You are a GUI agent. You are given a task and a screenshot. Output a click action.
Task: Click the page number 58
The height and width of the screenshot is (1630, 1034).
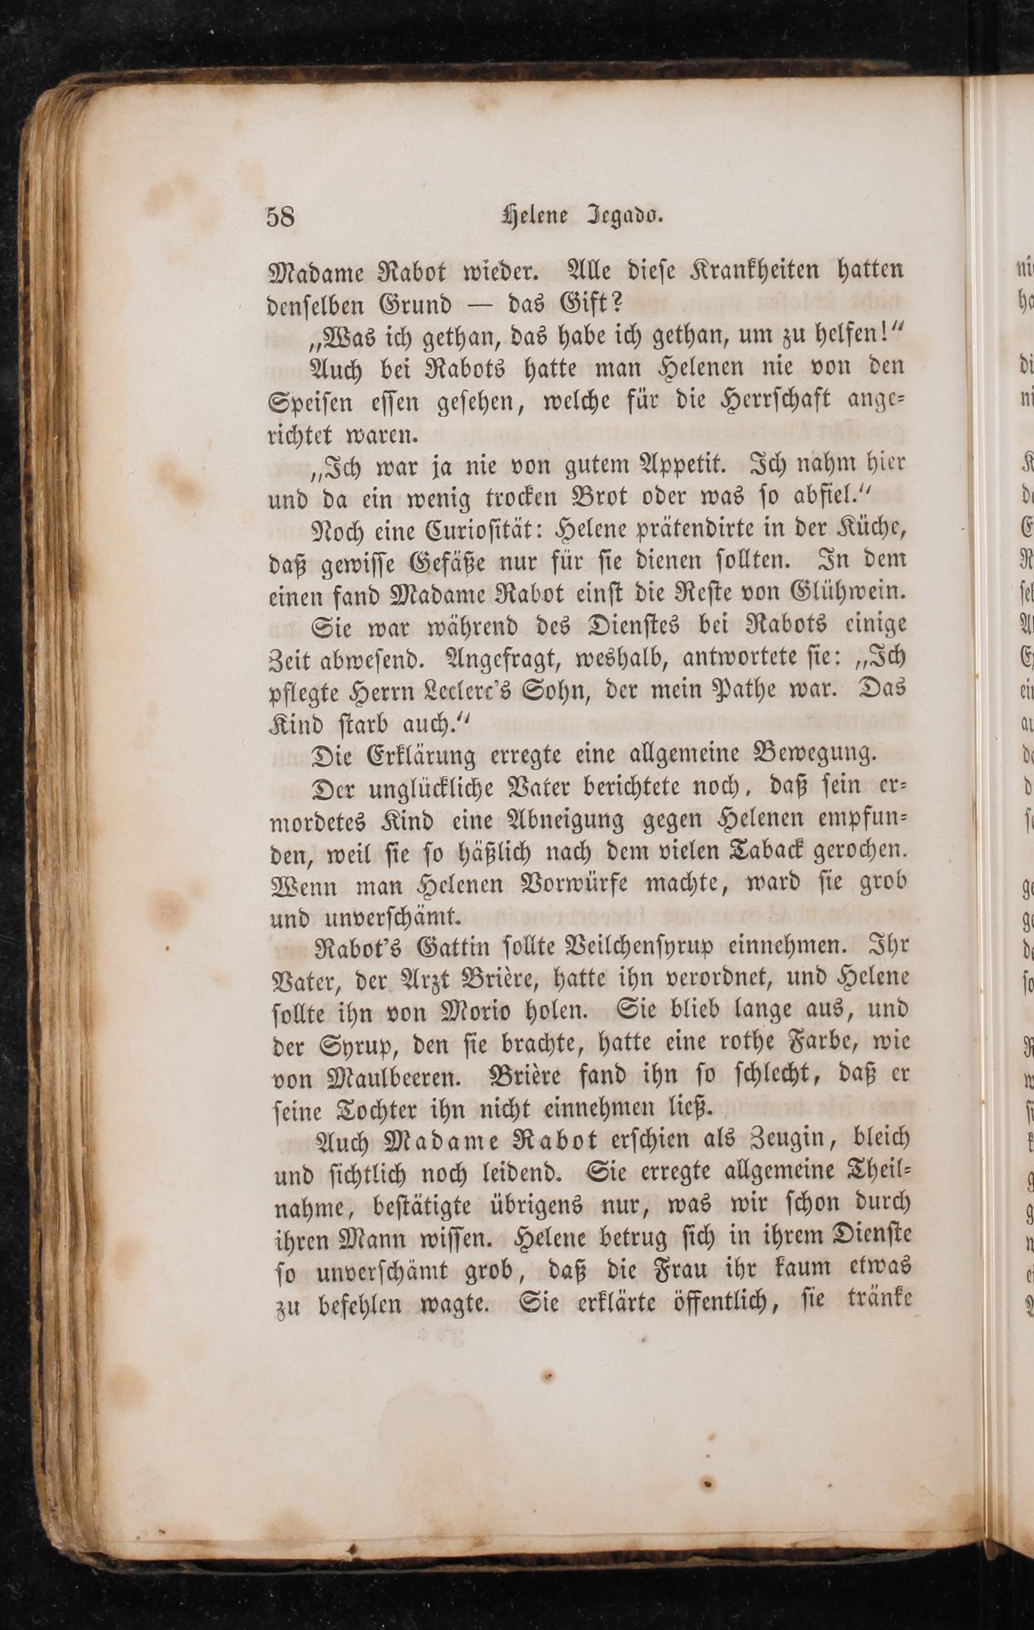[x=280, y=217]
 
